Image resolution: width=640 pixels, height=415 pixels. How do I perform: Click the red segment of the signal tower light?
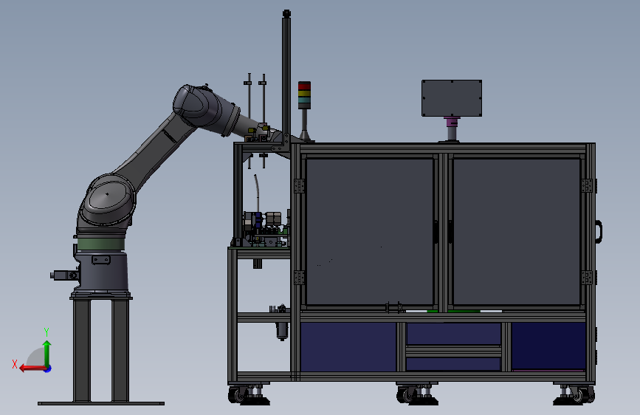304,86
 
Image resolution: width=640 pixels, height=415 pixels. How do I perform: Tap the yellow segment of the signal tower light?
304,93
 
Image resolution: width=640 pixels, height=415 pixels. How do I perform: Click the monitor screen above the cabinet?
452,98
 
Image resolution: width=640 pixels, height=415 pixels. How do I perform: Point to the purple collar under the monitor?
452,121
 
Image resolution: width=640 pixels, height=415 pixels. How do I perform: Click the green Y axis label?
47,332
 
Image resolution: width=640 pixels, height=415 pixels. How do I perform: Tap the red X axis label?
15,364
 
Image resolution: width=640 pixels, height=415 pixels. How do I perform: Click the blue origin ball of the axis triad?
48,368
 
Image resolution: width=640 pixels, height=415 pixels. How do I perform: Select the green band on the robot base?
101,244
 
